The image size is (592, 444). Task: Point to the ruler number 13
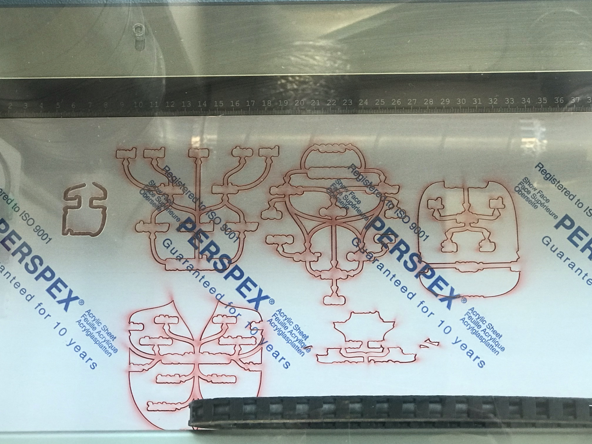point(186,104)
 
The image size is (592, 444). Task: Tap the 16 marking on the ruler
point(235,103)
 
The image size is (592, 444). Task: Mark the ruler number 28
point(428,102)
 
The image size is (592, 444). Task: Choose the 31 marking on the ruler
point(477,101)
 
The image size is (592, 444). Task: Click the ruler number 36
point(559,100)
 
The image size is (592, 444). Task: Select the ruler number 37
point(575,100)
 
